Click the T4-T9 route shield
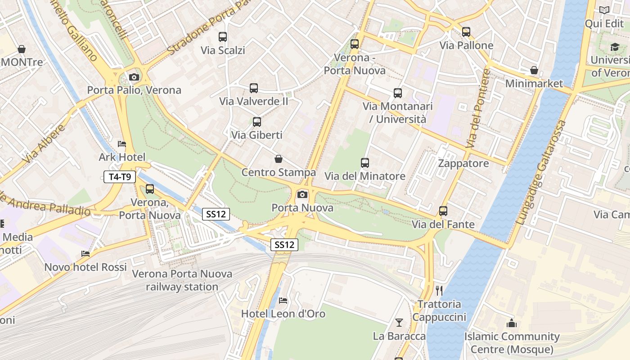tap(120, 177)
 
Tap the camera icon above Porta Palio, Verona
tap(134, 77)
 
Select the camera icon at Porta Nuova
tap(302, 194)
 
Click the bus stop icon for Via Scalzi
tap(223, 37)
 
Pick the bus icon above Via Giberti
tap(256, 121)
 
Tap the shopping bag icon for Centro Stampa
tap(279, 159)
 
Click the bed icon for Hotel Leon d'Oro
tap(283, 300)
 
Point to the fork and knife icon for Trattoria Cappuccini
tap(439, 290)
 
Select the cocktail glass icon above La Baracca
tap(399, 322)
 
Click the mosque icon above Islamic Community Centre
tap(512, 323)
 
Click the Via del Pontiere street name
tap(478, 109)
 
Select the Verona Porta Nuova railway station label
tap(182, 280)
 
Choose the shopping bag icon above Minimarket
tap(534, 70)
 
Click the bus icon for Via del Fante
tap(443, 211)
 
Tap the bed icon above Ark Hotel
tap(122, 144)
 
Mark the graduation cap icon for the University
tap(615, 47)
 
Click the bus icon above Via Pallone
tap(466, 32)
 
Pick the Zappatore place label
tap(463, 163)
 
